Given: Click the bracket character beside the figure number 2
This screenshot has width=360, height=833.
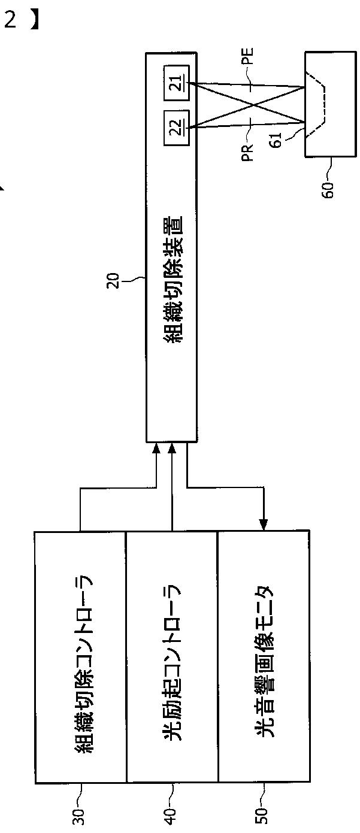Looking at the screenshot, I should coord(37,20).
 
